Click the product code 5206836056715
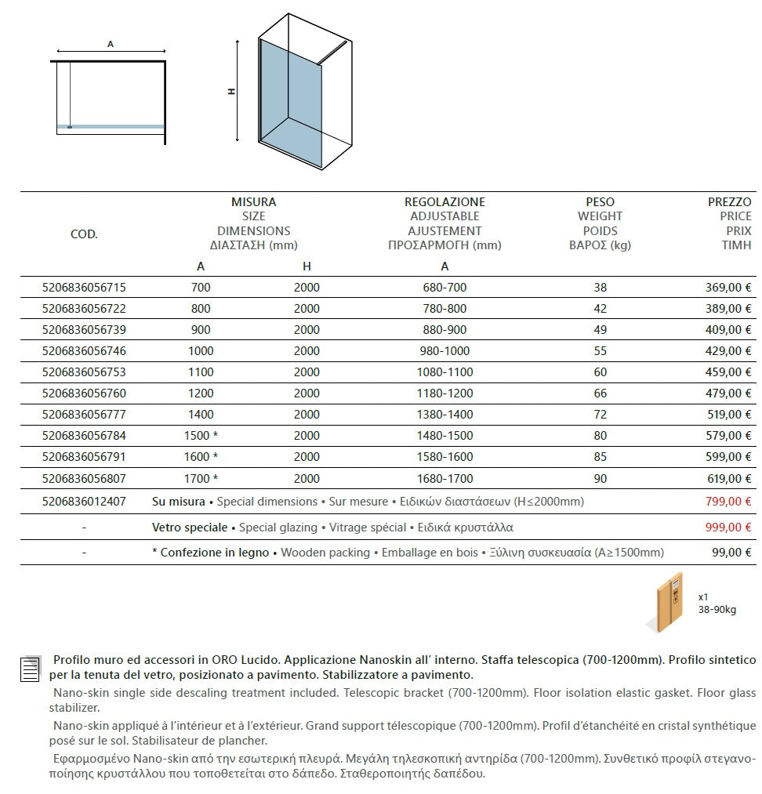click(x=83, y=288)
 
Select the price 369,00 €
click(x=728, y=288)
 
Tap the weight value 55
click(x=601, y=351)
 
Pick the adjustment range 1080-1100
click(x=444, y=372)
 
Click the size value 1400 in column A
click(x=201, y=415)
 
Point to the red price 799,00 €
click(x=728, y=502)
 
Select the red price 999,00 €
click(x=728, y=528)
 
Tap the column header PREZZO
click(x=729, y=202)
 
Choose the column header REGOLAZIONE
click(x=444, y=202)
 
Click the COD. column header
click(x=84, y=234)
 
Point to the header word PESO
click(x=600, y=202)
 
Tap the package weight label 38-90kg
click(x=717, y=610)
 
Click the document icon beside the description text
click(x=30, y=668)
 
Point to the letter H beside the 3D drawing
click(x=231, y=92)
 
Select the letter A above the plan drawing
click(x=111, y=45)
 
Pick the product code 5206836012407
click(x=83, y=502)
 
